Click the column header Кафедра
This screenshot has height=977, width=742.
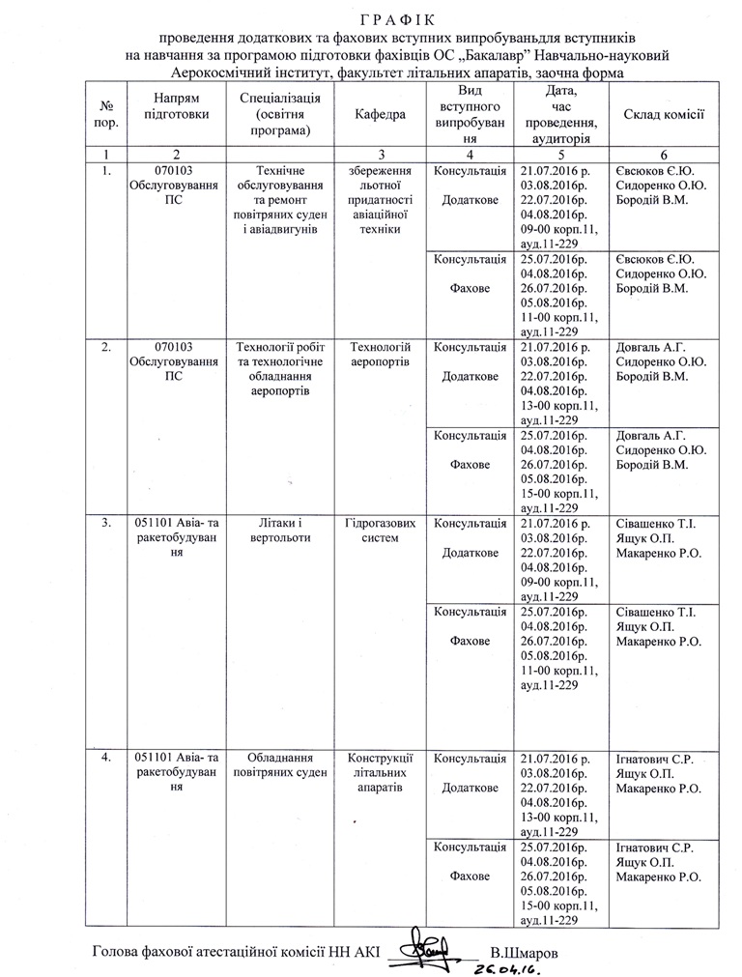click(380, 114)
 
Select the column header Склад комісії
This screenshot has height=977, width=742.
click(663, 114)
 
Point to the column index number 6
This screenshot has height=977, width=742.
click(663, 155)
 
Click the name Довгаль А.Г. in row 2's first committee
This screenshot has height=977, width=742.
click(649, 348)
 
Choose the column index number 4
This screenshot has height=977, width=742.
click(469, 155)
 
